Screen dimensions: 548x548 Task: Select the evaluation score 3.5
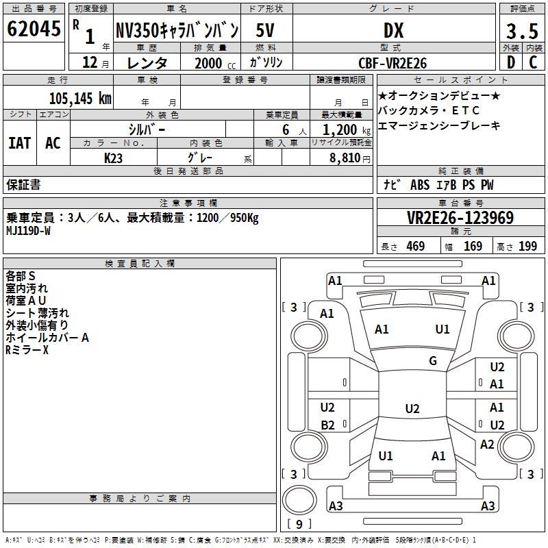pyautogui.click(x=522, y=32)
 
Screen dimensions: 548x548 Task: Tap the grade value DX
pyautogui.click(x=393, y=31)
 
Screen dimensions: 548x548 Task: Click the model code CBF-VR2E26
pyautogui.click(x=393, y=63)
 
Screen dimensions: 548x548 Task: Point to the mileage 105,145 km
pyautogui.click(x=79, y=99)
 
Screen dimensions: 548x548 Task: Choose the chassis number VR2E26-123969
pyautogui.click(x=460, y=218)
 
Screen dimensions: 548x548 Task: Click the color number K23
pyautogui.click(x=113, y=158)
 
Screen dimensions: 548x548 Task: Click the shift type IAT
pyautogui.click(x=19, y=143)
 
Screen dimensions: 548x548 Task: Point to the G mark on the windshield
pyautogui.click(x=433, y=361)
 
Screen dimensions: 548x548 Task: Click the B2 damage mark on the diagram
pyautogui.click(x=327, y=425)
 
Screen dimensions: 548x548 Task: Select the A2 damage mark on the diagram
pyautogui.click(x=487, y=445)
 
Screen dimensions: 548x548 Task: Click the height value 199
pyautogui.click(x=527, y=247)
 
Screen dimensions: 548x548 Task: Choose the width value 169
pyautogui.click(x=473, y=247)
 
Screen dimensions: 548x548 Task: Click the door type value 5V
pyautogui.click(x=266, y=31)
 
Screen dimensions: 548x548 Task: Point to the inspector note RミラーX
pyautogui.click(x=27, y=350)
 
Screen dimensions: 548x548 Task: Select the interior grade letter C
pyautogui.click(x=533, y=63)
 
